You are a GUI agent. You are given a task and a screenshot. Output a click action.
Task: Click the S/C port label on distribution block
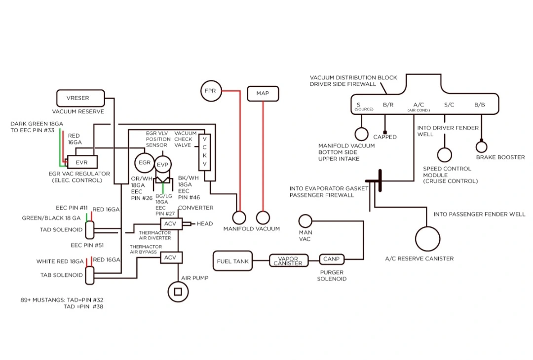(x=449, y=105)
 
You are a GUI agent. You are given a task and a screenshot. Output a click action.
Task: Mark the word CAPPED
(x=385, y=137)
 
